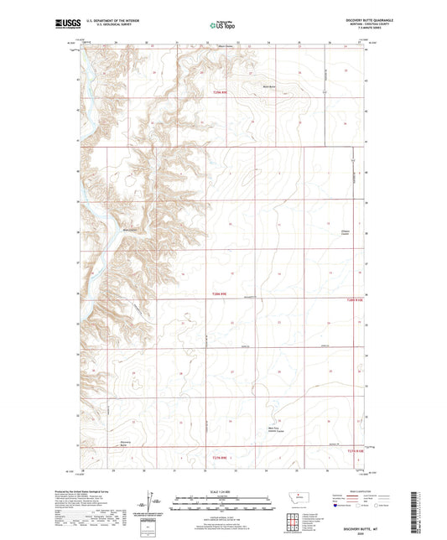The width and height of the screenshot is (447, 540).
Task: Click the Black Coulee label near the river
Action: pos(131,230)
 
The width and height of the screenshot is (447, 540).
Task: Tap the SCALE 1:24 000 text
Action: pos(223,491)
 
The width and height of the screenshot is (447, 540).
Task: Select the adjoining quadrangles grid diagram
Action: pos(292,519)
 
